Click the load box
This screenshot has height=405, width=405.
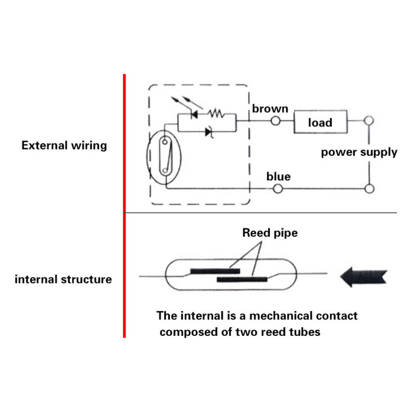[320, 122]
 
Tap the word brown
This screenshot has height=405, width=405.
[270, 109]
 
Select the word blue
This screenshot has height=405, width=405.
[278, 177]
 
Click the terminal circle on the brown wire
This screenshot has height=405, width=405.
[276, 120]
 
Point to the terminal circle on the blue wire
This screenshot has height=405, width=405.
[277, 189]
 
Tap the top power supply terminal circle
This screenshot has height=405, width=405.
[368, 120]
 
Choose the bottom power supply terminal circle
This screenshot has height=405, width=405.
[368, 189]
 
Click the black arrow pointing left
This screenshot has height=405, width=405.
[363, 277]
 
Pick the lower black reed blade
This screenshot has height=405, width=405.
[241, 278]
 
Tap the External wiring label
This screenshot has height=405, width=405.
[64, 145]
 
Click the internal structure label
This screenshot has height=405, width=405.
[63, 279]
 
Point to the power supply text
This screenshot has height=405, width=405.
[359, 152]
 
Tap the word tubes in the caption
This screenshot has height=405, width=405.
[305, 332]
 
